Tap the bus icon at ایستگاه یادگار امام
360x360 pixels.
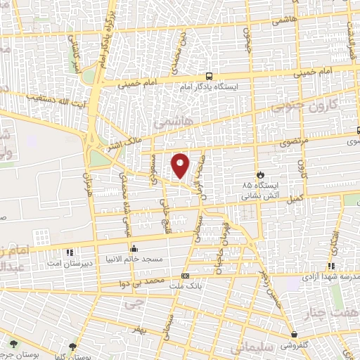[209, 75]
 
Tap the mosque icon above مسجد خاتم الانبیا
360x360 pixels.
[134, 248]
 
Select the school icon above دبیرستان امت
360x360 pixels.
[69, 252]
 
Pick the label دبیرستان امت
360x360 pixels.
[69, 262]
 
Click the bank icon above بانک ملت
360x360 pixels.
[185, 276]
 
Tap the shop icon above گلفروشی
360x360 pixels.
[294, 335]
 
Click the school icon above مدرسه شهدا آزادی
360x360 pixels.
[330, 266]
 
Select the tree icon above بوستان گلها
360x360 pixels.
[73, 345]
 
